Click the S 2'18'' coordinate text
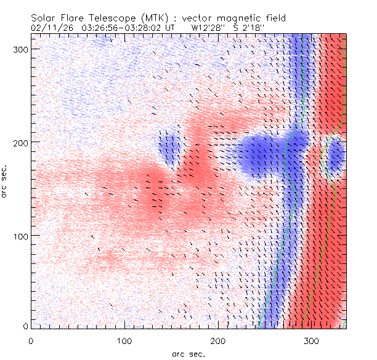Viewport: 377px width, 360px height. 249,28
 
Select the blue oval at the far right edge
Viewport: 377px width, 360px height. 334,159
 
